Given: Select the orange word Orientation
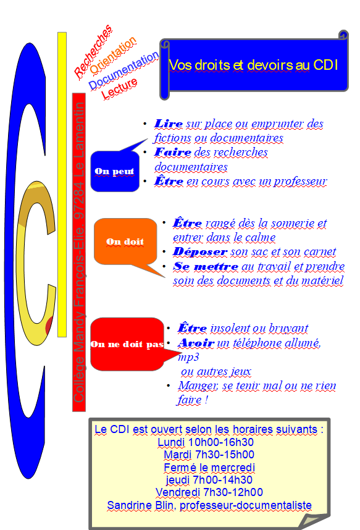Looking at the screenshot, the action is coord(113,55).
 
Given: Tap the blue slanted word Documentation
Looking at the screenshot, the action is coord(123,70).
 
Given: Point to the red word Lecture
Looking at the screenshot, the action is coord(119,88).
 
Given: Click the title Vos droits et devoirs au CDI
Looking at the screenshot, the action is coord(253,65).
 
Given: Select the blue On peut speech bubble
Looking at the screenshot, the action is coord(115,171).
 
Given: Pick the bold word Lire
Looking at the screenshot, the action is coord(169,124).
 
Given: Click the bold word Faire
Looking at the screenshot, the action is coord(173,152).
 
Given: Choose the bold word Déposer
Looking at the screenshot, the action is coord(200,251).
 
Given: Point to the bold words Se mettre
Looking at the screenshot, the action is coord(206,266).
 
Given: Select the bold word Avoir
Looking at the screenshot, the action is coord(196,343).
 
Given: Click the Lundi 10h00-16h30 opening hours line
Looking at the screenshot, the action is coord(206,442).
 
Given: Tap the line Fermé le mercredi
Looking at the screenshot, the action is coord(209,468).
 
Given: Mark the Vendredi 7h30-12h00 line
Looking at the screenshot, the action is coord(209,492).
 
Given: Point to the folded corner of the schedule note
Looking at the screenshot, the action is coord(312,521).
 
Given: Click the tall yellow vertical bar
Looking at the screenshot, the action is coord(62,185).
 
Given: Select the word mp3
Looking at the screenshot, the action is coord(188,358).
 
